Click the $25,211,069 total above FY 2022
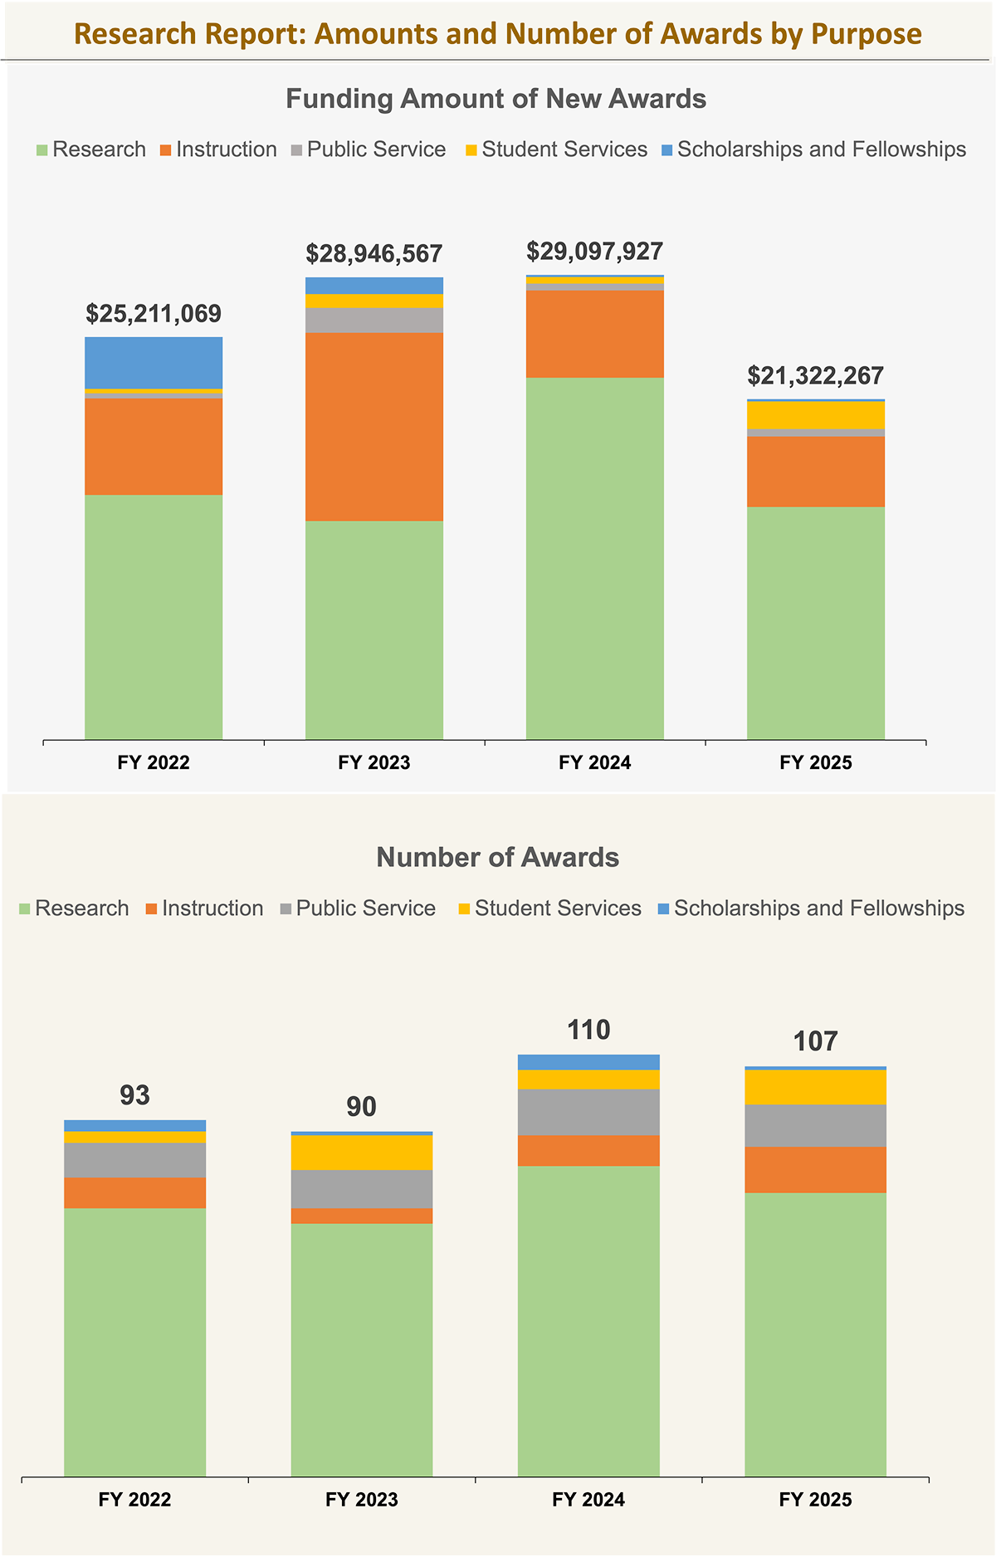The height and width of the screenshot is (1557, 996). (154, 314)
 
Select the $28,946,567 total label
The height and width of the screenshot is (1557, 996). (373, 253)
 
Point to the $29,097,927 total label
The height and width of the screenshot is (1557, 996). (594, 251)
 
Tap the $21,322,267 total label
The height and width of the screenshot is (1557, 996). (815, 375)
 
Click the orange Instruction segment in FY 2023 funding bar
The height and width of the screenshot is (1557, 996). (373, 427)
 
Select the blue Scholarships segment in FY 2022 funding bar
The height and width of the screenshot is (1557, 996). (154, 362)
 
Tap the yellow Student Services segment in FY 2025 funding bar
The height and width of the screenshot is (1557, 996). (815, 415)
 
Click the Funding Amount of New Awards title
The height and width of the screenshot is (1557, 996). (496, 99)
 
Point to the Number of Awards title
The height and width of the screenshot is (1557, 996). (497, 857)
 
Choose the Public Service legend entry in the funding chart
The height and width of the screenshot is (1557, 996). (368, 149)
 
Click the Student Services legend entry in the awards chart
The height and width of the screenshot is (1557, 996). (549, 908)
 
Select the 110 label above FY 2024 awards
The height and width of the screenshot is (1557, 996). (588, 1031)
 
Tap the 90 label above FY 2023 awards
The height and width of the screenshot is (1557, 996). (361, 1107)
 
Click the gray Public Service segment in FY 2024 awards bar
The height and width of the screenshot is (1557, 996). (588, 1112)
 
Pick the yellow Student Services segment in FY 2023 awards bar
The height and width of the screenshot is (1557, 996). (361, 1153)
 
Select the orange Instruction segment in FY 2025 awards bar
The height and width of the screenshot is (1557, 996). (815, 1170)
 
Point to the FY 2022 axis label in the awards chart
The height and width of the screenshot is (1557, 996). (134, 1500)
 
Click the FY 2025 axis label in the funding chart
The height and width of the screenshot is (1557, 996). (815, 762)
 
